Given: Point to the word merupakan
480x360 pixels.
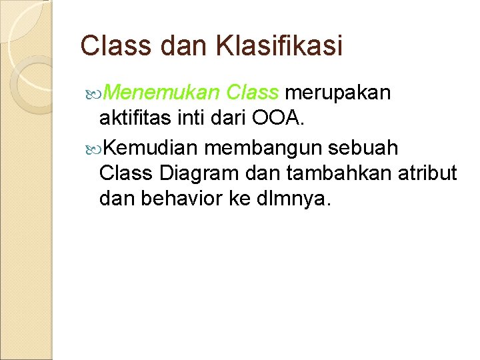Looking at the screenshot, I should point(341,93).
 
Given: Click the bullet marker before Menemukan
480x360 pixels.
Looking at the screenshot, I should point(98,94).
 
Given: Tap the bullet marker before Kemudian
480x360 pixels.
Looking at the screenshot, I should point(98,146).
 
